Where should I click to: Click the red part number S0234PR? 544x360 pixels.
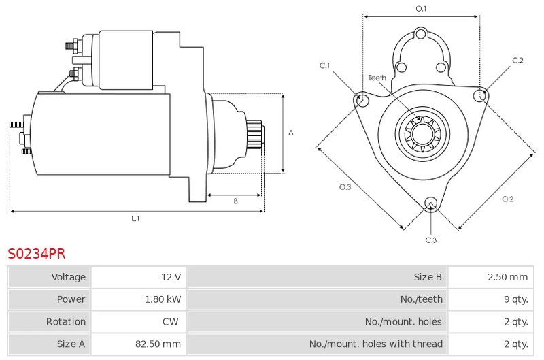tap(37, 254)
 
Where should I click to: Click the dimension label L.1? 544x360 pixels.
tap(135, 218)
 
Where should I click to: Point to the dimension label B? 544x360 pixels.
tap(235, 201)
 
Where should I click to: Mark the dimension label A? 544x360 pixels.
tap(290, 133)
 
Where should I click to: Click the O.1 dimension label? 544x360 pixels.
tap(421, 9)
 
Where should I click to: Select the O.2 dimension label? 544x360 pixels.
tap(507, 199)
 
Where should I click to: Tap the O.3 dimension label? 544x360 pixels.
tap(345, 187)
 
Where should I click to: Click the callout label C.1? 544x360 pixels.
tap(325, 65)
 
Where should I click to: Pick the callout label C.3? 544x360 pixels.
tap(430, 240)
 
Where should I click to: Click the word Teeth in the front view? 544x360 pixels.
tap(377, 78)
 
